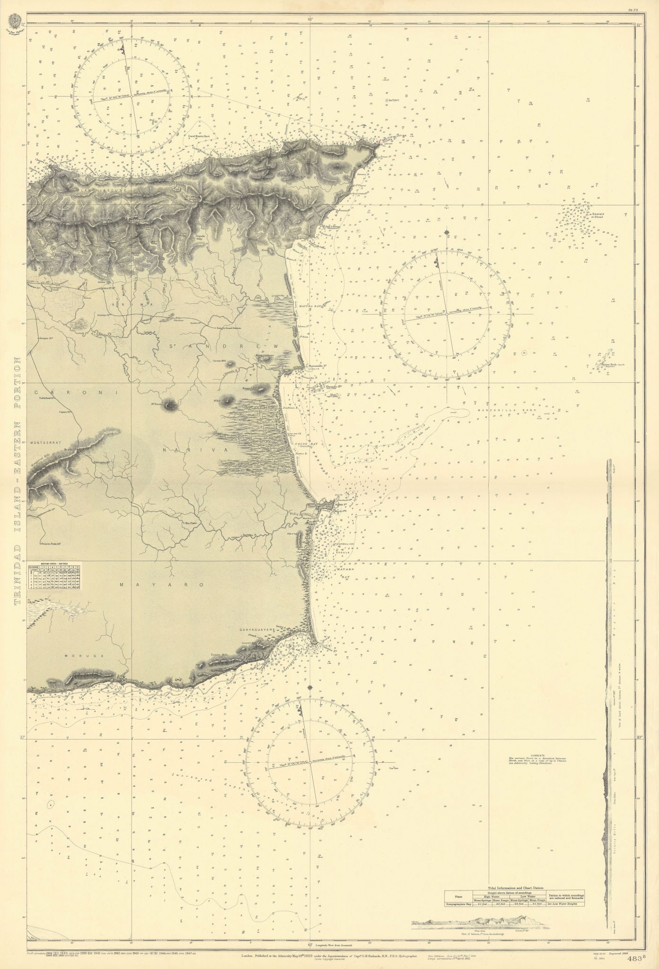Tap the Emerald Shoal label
point(598,216)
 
